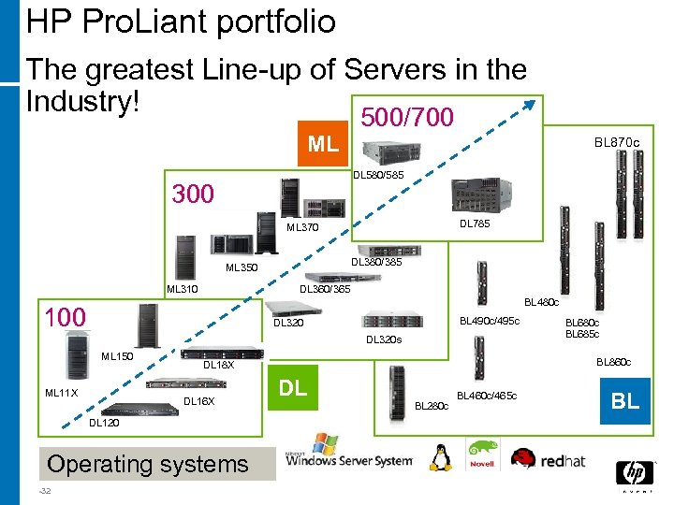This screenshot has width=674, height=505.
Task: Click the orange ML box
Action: [324, 144]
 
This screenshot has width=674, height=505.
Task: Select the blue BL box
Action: [625, 401]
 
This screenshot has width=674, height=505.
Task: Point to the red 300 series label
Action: [193, 195]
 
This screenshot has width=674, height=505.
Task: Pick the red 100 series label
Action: [66, 318]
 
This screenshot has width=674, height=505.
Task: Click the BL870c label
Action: [617, 143]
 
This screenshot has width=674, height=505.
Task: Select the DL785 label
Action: [475, 224]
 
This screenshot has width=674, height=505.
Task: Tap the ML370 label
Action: [302, 227]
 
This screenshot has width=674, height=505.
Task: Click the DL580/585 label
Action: [378, 175]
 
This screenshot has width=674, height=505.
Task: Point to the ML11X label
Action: [61, 393]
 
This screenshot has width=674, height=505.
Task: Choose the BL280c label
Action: [431, 405]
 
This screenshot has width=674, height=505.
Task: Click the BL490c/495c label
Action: [489, 322]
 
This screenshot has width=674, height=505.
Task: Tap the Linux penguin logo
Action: [439, 457]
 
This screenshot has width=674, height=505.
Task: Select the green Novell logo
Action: [483, 454]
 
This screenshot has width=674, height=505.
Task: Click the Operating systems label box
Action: [148, 464]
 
